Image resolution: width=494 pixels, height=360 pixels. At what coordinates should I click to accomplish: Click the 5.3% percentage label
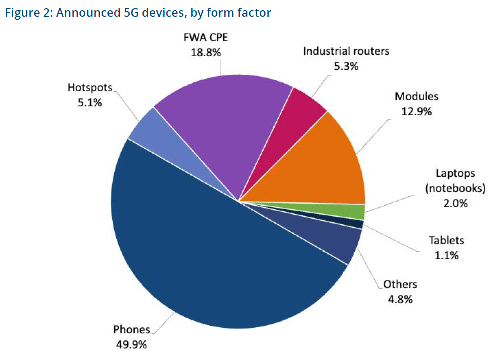[x=346, y=66]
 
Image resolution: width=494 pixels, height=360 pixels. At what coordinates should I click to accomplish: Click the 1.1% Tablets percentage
[x=446, y=255]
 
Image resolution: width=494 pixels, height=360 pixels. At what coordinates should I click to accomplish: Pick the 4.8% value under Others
[x=400, y=299]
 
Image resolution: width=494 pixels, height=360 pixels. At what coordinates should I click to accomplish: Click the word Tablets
[x=446, y=241]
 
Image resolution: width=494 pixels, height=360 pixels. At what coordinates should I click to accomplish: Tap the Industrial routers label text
[x=346, y=51]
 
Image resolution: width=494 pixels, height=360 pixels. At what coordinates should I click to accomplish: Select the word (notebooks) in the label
[x=455, y=189]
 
